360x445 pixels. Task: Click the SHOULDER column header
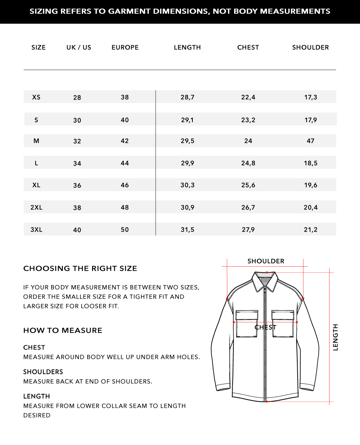pos(310,47)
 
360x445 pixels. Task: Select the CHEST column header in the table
pos(248,47)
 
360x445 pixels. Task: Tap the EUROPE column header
pos(125,47)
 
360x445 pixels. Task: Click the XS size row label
pos(36,97)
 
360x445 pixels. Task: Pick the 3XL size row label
pos(36,229)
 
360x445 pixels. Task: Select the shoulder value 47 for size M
pos(310,141)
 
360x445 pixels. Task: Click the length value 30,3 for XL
pos(187,185)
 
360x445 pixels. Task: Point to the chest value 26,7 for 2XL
pos(248,207)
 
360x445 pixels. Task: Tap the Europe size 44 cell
pos(125,163)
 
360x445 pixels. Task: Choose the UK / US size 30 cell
pos(77,120)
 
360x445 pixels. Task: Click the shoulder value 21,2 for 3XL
pos(310,229)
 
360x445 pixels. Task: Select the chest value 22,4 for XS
pos(248,97)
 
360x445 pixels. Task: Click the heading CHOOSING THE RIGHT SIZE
pos(80,269)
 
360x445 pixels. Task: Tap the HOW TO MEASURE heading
pos(63,331)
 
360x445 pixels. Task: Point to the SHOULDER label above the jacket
pos(266,261)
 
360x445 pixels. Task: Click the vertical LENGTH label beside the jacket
pos(336,337)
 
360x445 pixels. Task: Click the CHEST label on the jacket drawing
pos(265,327)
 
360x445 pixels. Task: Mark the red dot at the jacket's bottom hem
pos(266,401)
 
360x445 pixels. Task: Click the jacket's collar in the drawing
pos(266,280)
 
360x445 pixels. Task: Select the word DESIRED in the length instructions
pos(37,415)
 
